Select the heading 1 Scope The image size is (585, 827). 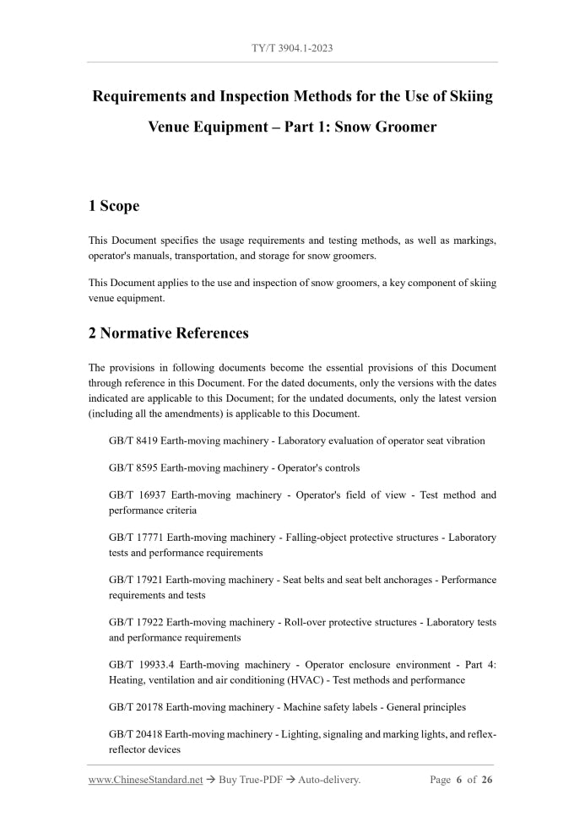coord(114,206)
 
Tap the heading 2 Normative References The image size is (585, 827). coord(169,333)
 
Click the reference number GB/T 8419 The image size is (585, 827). coord(133,441)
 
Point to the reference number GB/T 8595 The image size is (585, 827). coord(133,468)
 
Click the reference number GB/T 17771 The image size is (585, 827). coord(136,537)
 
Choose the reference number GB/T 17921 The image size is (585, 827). coord(136,580)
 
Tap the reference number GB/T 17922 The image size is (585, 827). coord(136,622)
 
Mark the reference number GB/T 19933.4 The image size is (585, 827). coord(141,664)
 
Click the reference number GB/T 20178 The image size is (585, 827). coord(136,707)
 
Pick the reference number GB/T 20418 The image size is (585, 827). coord(136,734)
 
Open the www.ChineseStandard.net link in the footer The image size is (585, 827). coord(146,780)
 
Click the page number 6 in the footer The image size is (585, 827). coord(459,780)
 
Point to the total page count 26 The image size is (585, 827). coord(487,780)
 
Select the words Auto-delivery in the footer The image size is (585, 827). coord(328,780)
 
